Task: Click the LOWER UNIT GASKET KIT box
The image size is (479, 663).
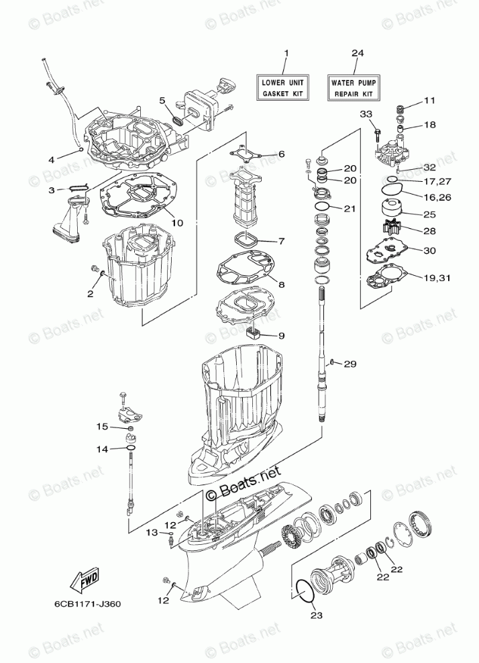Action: [284, 87]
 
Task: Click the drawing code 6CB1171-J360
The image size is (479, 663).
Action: [84, 603]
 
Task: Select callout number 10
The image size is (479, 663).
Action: [177, 223]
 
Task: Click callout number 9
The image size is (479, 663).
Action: [281, 335]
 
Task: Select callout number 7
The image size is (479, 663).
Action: [281, 240]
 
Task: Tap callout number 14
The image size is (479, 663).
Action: [101, 449]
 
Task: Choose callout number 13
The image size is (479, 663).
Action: [152, 532]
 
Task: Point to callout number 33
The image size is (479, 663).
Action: [366, 113]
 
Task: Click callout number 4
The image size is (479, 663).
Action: [52, 159]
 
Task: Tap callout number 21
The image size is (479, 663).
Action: [349, 209]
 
